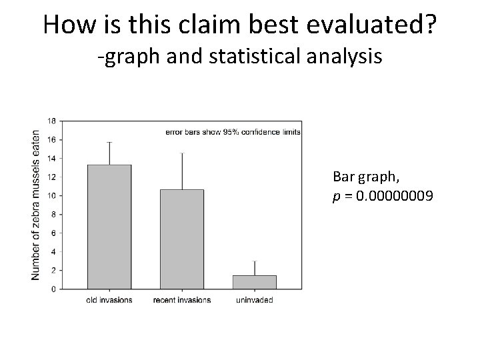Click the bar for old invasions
[109, 227]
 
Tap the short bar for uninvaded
[255, 282]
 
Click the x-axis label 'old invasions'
[109, 300]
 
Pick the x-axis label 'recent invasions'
[182, 300]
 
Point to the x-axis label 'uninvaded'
[255, 300]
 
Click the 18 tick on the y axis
[51, 121]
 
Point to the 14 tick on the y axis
[51, 158]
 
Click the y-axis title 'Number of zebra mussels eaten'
[36, 205]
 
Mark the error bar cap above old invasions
[109, 142]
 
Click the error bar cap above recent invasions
[182, 153]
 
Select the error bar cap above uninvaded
[255, 261]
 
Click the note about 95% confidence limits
[233, 132]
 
